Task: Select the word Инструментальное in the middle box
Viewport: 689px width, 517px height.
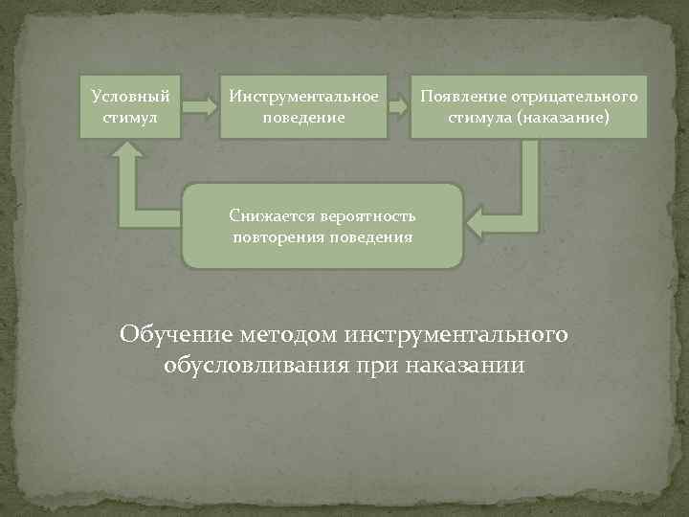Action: click(303, 97)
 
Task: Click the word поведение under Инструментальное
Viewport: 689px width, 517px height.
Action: click(303, 119)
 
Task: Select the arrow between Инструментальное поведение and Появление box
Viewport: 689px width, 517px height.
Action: click(398, 106)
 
